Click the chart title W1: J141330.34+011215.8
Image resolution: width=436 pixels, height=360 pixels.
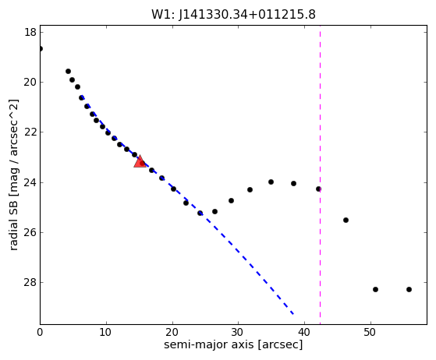pyautogui.click(x=233, y=15)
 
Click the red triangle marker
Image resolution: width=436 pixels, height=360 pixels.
pyautogui.click(x=140, y=161)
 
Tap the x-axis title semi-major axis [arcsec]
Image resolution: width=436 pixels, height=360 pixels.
pyautogui.click(x=233, y=344)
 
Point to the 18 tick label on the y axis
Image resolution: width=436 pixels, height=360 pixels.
pyautogui.click(x=30, y=32)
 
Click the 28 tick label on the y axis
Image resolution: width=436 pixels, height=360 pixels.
pyautogui.click(x=30, y=282)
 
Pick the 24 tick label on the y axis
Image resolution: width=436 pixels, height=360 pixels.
pyautogui.click(x=30, y=182)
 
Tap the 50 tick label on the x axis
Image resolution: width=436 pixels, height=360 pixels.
pyautogui.click(x=370, y=332)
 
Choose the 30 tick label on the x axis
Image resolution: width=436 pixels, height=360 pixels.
pyautogui.click(x=239, y=332)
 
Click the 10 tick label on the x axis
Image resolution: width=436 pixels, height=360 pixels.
pyautogui.click(x=106, y=332)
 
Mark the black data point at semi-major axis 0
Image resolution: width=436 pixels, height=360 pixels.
pyautogui.click(x=41, y=49)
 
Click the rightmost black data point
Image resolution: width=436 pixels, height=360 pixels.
pyautogui.click(x=409, y=289)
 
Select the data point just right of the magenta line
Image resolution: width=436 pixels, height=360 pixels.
pyautogui.click(x=346, y=220)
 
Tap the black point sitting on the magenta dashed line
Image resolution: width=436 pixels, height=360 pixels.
pyautogui.click(x=318, y=189)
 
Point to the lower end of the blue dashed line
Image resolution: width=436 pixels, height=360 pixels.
pyautogui.click(x=293, y=314)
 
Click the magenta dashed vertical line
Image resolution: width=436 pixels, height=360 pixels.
pyautogui.click(x=320, y=175)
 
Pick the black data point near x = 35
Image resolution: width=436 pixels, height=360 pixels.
pyautogui.click(x=271, y=182)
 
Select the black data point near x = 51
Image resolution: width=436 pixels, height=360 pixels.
pyautogui.click(x=375, y=289)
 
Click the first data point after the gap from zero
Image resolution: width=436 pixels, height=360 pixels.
pyautogui.click(x=68, y=72)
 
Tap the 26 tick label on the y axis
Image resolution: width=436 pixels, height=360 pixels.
pyautogui.click(x=30, y=232)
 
